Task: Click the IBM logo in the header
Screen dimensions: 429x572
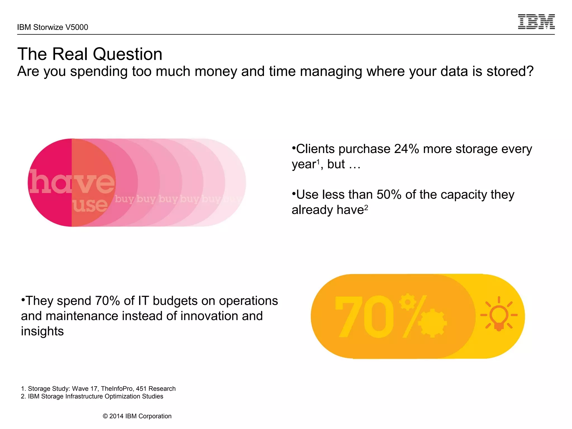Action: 536,22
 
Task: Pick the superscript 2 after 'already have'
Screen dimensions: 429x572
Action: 366,208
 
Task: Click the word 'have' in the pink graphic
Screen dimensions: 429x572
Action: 72,182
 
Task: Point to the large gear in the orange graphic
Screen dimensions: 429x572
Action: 432,323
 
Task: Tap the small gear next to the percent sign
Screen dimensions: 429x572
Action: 407,302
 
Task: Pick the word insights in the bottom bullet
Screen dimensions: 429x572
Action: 42,331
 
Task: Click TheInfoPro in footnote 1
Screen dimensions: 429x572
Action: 116,389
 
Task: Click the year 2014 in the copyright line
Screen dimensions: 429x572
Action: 116,416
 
